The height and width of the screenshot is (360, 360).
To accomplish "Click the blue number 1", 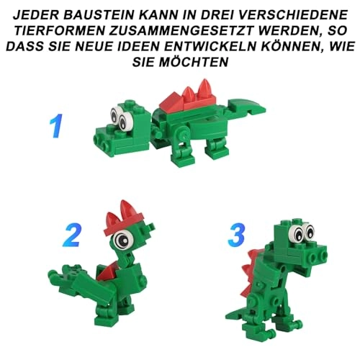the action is click(x=56, y=126).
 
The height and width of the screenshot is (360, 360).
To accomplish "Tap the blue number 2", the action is click(x=71, y=235).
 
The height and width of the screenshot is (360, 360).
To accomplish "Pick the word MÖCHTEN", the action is click(x=193, y=63).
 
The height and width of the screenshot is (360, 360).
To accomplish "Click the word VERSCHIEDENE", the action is click(x=295, y=15).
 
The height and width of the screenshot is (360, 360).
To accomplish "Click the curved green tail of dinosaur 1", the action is click(x=246, y=106).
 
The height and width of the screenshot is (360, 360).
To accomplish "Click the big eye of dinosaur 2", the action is click(x=123, y=239).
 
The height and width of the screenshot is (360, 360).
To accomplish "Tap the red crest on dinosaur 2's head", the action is click(x=123, y=217).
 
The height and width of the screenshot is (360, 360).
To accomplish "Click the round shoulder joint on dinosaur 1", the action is click(x=183, y=134).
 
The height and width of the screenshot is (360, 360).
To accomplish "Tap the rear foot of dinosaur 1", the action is click(x=217, y=150).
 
